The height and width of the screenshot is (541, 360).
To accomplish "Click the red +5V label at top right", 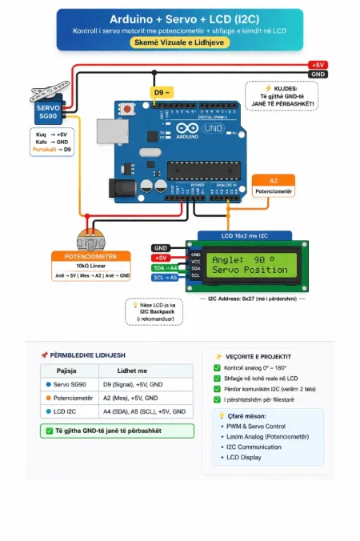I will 318,65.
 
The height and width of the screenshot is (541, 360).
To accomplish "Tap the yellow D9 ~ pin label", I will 162,93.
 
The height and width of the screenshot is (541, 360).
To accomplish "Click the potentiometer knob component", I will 90,239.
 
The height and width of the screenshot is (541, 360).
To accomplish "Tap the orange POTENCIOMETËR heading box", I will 90,256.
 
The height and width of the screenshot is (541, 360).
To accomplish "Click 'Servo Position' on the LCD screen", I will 249,270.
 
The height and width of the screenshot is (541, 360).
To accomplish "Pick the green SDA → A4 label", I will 165,267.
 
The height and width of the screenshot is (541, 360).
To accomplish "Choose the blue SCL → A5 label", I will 165,277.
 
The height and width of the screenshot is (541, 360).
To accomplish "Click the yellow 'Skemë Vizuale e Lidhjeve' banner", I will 180,42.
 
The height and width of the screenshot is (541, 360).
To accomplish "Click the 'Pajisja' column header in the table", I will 67,371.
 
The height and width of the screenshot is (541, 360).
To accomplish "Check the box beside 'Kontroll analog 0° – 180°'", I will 218,368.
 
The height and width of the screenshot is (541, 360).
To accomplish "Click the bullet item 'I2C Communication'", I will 254,447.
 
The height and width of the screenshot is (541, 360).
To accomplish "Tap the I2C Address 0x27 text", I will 251,299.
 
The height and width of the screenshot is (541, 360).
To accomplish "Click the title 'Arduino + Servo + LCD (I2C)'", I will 180,17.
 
